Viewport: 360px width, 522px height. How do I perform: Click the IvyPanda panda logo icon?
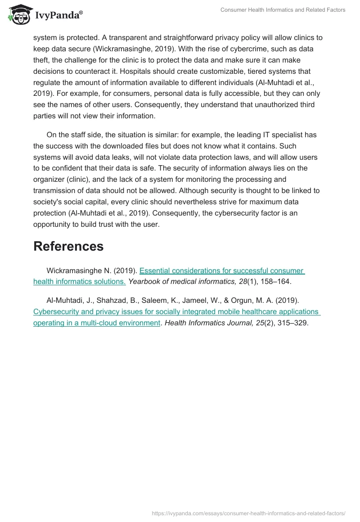point(19,15)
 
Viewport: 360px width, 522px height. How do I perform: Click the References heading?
point(68,246)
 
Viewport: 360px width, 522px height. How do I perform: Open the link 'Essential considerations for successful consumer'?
point(222,270)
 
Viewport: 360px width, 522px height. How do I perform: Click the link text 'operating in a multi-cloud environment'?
point(97,323)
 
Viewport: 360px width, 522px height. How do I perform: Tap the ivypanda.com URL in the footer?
point(248,513)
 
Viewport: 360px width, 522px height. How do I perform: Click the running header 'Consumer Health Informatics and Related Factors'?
point(283,10)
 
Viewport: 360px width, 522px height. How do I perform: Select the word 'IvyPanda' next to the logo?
point(59,16)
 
